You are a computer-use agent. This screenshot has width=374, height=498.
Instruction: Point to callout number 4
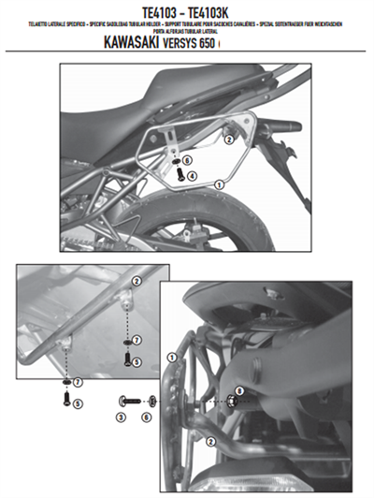pos(192,175)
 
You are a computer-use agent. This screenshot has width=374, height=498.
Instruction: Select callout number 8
pos(239,390)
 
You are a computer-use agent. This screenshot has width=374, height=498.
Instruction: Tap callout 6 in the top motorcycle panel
pos(187,160)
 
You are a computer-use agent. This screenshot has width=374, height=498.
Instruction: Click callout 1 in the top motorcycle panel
pos(218,186)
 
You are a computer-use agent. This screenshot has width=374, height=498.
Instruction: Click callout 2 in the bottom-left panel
pos(136,281)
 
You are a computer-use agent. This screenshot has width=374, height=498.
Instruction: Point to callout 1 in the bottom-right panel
pos(170,358)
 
